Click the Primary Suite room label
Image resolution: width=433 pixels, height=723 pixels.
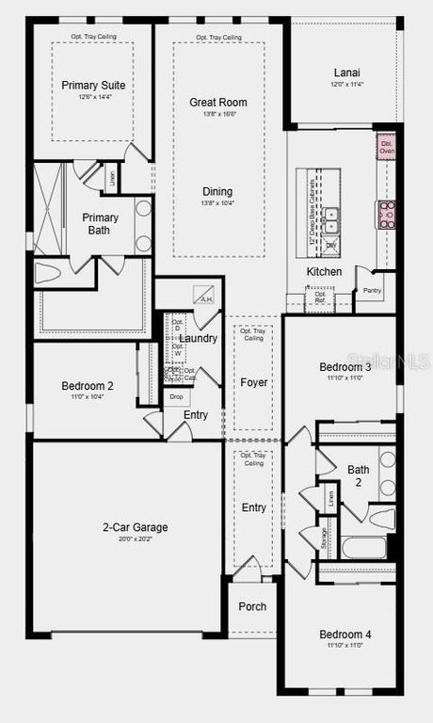[93, 85]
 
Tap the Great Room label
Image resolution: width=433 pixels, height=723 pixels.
[217, 102]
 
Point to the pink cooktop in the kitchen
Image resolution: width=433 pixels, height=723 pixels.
[386, 215]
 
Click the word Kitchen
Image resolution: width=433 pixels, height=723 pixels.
[324, 272]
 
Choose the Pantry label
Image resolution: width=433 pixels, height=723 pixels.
[372, 291]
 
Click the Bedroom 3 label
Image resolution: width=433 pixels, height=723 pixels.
[345, 366]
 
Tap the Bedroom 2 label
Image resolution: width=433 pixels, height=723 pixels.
[88, 386]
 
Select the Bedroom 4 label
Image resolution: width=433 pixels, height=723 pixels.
[345, 635]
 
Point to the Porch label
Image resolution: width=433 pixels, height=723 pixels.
[252, 607]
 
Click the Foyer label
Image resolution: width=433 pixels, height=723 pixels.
[253, 382]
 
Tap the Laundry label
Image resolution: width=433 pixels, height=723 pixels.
[198, 338]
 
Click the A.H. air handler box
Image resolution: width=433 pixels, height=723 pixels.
[205, 294]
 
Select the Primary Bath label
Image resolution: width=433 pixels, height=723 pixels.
[100, 224]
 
